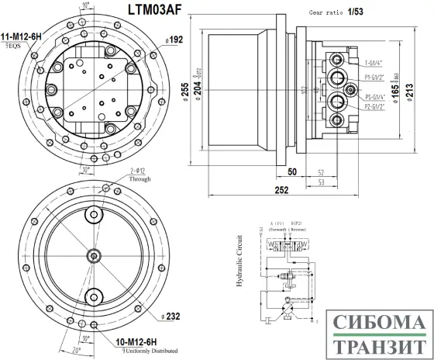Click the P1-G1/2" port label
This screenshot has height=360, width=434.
(380, 78)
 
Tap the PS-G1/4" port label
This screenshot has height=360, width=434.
(379, 97)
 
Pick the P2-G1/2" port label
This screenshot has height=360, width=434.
(380, 108)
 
